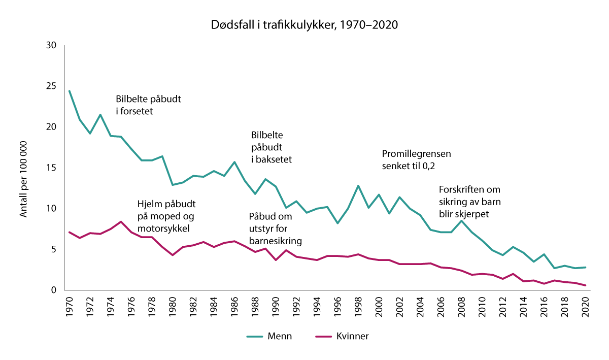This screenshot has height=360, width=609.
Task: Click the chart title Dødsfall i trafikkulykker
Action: (x=304, y=24)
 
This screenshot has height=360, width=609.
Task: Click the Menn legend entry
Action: (x=269, y=336)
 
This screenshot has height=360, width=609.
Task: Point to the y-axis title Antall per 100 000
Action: (x=23, y=168)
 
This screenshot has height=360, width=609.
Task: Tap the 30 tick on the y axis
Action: (x=51, y=45)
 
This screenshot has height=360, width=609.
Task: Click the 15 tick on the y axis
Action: (x=51, y=168)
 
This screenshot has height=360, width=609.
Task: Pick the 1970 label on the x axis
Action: (x=70, y=307)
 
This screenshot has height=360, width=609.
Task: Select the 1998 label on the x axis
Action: (x=358, y=307)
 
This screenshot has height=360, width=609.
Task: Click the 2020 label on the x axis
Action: (x=585, y=307)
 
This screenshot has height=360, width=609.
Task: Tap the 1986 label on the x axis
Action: (x=234, y=307)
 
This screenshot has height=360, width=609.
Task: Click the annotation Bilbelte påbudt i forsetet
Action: (x=148, y=104)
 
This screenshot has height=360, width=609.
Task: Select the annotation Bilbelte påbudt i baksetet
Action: (x=271, y=147)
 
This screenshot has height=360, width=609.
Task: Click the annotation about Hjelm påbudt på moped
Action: (x=166, y=216)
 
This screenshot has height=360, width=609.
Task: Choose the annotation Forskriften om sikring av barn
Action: (x=469, y=202)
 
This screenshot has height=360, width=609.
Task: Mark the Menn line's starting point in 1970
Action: (x=70, y=91)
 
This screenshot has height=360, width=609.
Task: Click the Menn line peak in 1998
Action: (x=358, y=186)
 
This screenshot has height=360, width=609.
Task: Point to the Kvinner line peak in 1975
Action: (x=121, y=222)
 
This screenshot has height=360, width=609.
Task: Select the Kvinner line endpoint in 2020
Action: (x=585, y=285)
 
